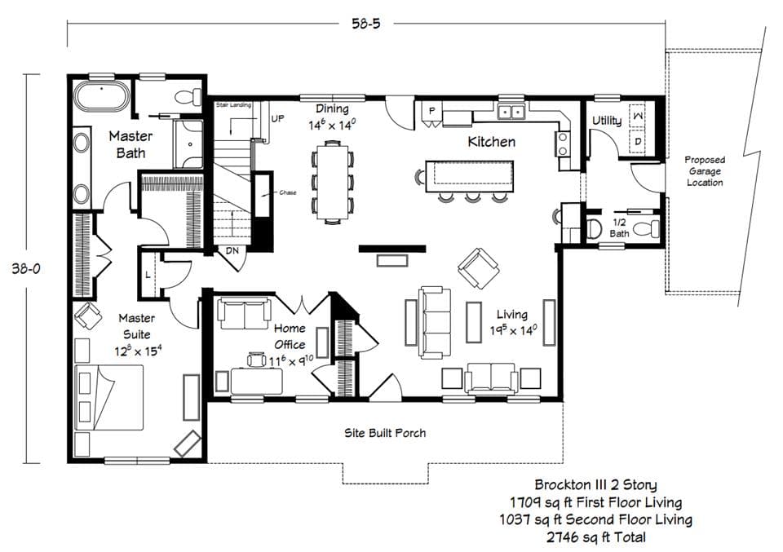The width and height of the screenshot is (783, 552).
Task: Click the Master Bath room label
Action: tap(127, 144)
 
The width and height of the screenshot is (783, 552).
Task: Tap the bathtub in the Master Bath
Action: tap(101, 96)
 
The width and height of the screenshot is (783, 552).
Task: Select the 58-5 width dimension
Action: tap(365, 24)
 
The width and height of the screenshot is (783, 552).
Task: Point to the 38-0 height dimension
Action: tap(25, 267)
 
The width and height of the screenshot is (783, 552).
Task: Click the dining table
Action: tap(332, 181)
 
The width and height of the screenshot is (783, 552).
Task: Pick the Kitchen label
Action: tap(491, 142)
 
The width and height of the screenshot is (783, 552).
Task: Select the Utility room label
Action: tap(606, 121)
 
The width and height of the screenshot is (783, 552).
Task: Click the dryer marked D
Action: tap(639, 142)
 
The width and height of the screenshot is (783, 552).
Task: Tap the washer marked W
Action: tap(639, 117)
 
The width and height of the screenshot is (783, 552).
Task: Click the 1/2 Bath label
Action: tap(619, 227)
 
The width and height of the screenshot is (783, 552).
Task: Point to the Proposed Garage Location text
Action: tap(704, 171)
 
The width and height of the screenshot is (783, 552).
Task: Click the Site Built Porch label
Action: tap(384, 433)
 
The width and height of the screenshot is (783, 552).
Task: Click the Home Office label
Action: tap(290, 337)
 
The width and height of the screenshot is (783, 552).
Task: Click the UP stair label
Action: tap(277, 118)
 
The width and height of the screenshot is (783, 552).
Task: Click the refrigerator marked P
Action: tap(431, 110)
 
